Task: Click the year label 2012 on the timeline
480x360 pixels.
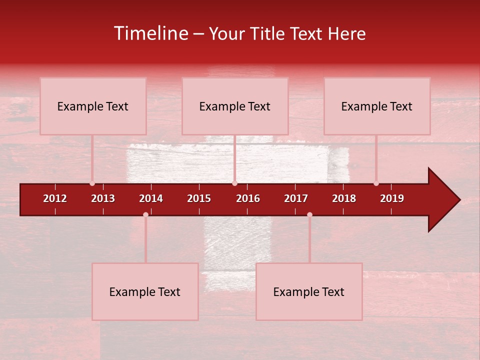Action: click(x=55, y=198)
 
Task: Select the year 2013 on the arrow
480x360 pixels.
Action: click(x=103, y=198)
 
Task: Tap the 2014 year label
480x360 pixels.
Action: click(x=151, y=198)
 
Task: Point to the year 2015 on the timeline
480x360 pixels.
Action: click(x=199, y=198)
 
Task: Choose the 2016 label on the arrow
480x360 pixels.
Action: click(x=248, y=198)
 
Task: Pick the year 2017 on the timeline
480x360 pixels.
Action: click(x=296, y=198)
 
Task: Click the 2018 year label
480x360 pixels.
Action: click(x=344, y=198)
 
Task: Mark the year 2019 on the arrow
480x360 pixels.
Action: click(x=392, y=198)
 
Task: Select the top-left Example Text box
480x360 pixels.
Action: click(x=93, y=106)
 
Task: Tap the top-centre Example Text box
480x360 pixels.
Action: click(x=235, y=106)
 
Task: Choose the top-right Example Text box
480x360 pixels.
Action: click(x=377, y=106)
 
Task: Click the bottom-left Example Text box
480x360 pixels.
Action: click(x=145, y=292)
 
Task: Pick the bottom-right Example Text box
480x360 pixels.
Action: click(x=309, y=292)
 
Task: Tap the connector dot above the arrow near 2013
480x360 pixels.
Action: click(x=92, y=183)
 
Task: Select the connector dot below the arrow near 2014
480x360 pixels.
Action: click(x=145, y=214)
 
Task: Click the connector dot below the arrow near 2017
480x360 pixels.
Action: click(x=309, y=214)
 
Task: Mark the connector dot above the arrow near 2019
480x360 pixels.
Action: click(x=376, y=183)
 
